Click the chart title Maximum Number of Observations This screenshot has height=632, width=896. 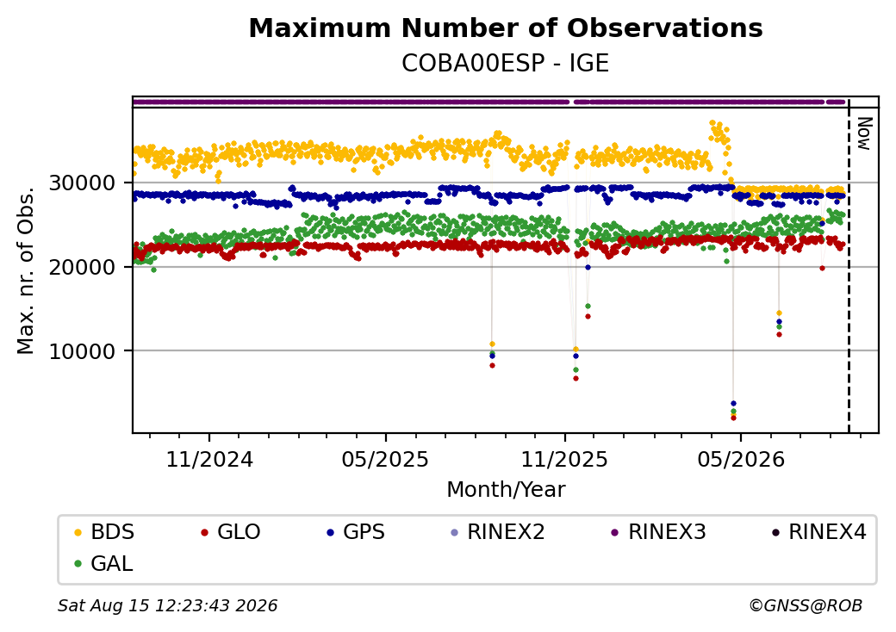point(506,28)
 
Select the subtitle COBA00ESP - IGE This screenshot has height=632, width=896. point(505,63)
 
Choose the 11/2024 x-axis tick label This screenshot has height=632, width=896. point(209,459)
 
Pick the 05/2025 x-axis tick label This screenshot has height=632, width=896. point(385,459)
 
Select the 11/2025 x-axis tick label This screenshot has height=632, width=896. point(564,459)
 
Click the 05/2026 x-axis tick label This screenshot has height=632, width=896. point(741,459)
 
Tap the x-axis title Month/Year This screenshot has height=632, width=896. point(506,489)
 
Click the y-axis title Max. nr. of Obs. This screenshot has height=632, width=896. point(26,270)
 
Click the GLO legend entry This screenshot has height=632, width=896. point(231,532)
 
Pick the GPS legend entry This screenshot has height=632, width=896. point(356,532)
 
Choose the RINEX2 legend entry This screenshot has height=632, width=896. point(498,532)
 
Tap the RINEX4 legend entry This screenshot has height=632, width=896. point(818,532)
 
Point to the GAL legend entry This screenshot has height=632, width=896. point(104,563)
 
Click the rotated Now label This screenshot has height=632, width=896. point(865,133)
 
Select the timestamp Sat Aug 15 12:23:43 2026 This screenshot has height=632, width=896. point(168,605)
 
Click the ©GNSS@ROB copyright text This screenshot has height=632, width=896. point(806,605)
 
